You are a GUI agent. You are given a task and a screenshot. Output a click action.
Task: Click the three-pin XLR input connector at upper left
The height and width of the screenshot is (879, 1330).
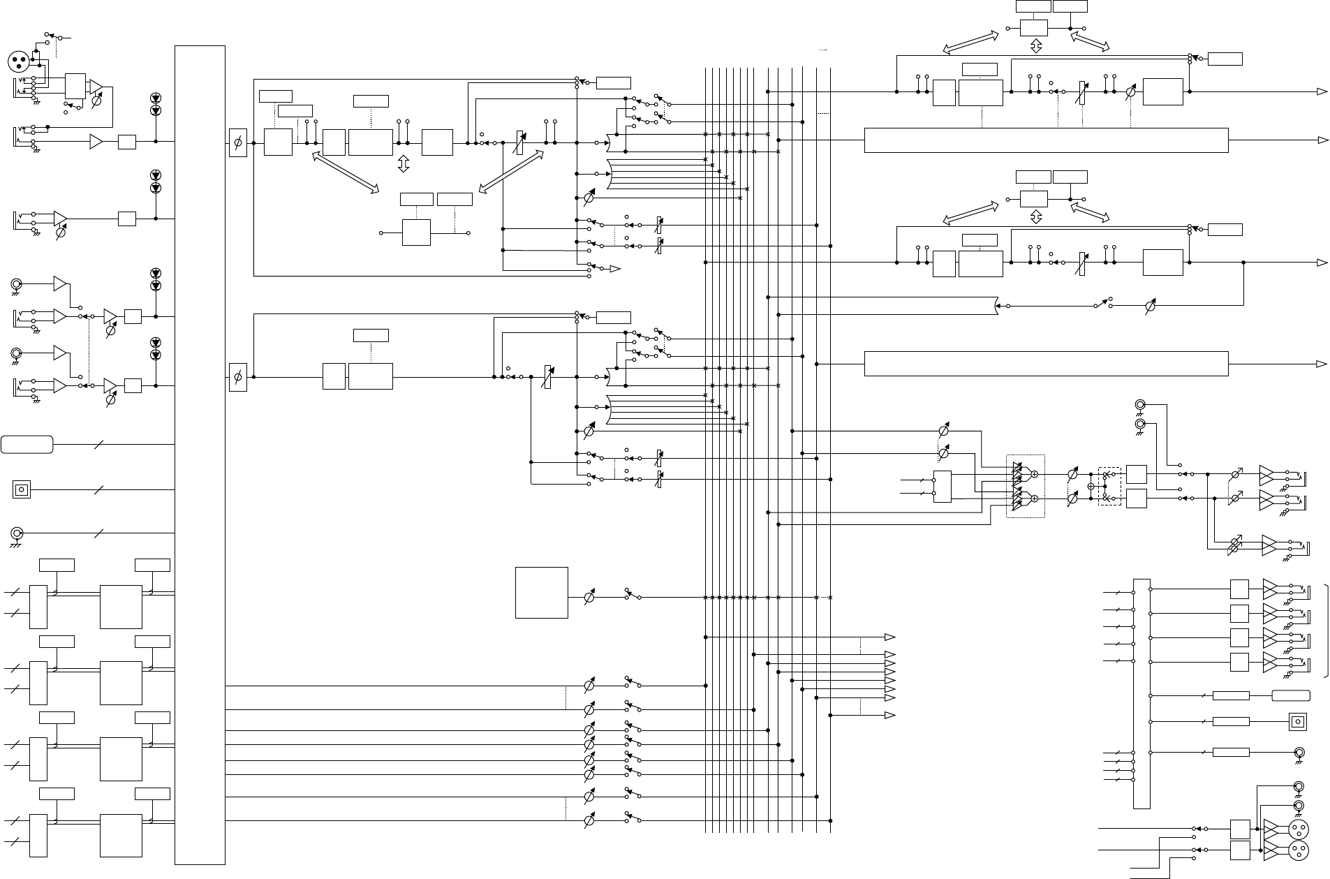coord(20,62)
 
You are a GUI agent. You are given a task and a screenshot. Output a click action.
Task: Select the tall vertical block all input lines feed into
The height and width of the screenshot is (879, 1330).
coord(200,455)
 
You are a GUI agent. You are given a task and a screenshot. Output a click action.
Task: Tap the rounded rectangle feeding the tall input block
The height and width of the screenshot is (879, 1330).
coord(27,444)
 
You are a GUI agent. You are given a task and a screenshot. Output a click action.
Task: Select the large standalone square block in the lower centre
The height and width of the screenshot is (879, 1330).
coord(541,592)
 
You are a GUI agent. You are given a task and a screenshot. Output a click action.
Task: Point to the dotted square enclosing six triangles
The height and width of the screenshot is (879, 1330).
coord(1025,487)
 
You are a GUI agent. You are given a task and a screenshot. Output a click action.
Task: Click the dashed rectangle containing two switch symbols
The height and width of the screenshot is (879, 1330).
coord(1109,486)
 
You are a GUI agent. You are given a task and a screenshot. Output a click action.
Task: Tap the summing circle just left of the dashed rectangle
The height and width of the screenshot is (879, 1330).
coord(1091,486)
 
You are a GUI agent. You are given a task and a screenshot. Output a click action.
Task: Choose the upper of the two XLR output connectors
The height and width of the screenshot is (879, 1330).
coord(1299,829)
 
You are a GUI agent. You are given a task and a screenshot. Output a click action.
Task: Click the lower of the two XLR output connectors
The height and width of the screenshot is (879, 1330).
coord(1299,851)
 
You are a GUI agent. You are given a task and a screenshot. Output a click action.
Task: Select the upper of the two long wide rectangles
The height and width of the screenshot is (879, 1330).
coord(1046,140)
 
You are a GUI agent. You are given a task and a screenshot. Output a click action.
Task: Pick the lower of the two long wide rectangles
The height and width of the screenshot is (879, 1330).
coord(1046,364)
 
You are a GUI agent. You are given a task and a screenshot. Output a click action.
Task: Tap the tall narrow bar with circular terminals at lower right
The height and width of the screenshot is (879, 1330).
coord(1141,693)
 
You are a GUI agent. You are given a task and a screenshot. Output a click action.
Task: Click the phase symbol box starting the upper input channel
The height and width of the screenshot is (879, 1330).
coord(237,142)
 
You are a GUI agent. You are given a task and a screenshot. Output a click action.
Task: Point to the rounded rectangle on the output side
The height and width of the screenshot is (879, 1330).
coord(1290,695)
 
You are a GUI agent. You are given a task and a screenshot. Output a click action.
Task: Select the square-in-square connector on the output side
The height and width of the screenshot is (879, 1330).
coord(1297,722)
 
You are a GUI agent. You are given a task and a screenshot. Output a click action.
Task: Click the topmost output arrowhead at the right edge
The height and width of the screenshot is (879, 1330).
coord(1322,91)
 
